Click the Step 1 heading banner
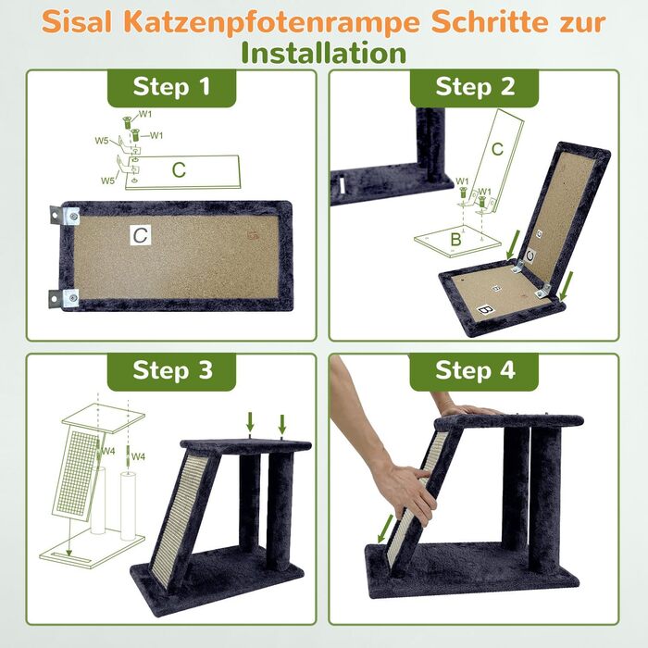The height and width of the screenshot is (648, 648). click(171, 88)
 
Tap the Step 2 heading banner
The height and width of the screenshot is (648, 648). click(474, 88)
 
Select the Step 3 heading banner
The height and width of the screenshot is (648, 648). click(171, 371)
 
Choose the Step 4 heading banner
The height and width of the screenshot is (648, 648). click(474, 371)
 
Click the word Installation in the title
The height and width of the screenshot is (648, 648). click(324, 54)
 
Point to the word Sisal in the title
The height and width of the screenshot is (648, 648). click(77, 22)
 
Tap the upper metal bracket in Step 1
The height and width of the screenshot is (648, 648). click(65, 216)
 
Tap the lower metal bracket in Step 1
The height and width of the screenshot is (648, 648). click(64, 298)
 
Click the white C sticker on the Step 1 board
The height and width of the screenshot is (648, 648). click(141, 235)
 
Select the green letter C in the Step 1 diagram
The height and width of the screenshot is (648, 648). click(179, 170)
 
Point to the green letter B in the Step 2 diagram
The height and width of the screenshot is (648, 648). click(455, 240)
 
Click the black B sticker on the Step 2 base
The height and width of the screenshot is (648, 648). click(485, 309)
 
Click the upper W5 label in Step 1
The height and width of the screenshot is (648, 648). click(102, 141)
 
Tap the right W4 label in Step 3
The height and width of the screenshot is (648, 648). click(138, 456)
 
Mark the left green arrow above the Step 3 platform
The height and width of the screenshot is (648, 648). click(250, 421)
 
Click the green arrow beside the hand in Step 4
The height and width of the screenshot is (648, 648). click(385, 529)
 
